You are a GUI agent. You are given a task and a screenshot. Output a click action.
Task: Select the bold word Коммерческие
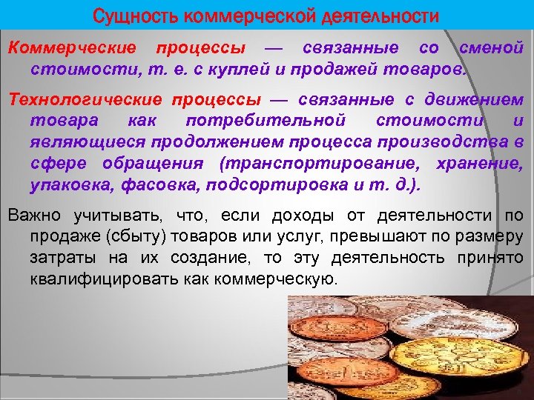[x=72, y=49]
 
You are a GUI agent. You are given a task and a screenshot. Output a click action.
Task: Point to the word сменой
[x=492, y=49]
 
